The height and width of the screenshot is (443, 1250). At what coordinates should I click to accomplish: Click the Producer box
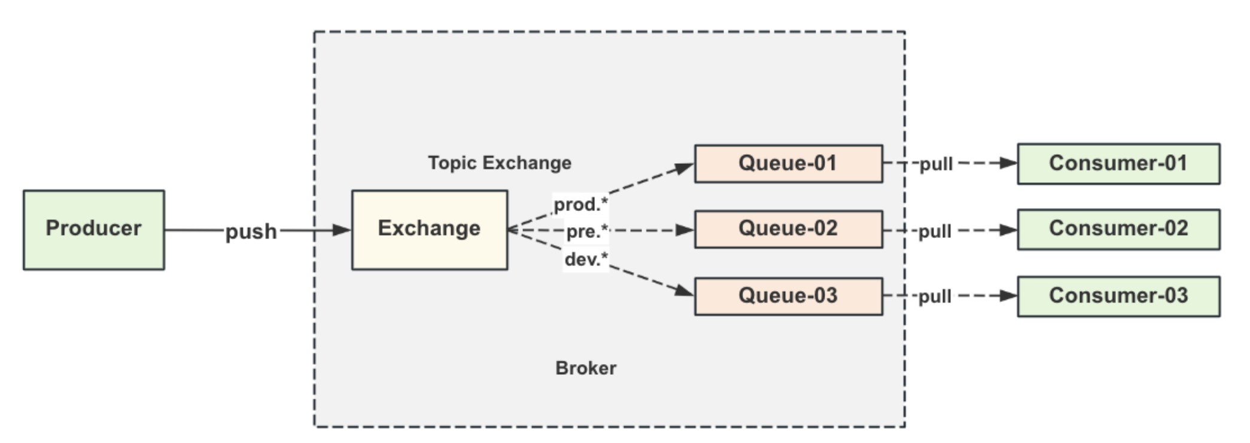pos(94,230)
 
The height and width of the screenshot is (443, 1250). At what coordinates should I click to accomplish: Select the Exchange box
pos(430,230)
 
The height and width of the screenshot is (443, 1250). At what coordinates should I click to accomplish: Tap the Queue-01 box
pos(789,164)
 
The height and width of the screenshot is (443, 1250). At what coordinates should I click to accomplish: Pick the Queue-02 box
pos(789,229)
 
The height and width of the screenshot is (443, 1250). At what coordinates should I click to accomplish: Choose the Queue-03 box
pos(789,296)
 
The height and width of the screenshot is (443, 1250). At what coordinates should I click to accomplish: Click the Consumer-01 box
pos(1119,164)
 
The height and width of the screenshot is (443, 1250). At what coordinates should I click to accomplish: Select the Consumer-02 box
pos(1119,230)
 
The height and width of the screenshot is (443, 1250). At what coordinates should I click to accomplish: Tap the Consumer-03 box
pos(1119,297)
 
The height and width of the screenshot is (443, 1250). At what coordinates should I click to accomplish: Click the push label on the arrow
pos(251,232)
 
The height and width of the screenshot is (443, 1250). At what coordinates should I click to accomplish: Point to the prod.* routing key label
pos(581,205)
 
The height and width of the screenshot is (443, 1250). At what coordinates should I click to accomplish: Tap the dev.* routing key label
pos(586,259)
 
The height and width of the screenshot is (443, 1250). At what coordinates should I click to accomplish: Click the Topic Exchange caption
pos(500,163)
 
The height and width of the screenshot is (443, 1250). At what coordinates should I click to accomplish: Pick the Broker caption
pos(586,368)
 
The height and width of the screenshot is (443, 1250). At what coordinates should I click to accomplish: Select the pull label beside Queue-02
pos(935,232)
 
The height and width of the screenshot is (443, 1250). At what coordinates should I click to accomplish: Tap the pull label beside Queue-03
pos(935,297)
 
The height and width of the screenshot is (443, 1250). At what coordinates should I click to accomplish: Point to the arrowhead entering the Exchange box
pos(342,230)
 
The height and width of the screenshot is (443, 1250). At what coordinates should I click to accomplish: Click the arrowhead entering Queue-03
pos(685,291)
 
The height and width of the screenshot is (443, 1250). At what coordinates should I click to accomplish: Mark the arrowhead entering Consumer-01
pos(1008,163)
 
